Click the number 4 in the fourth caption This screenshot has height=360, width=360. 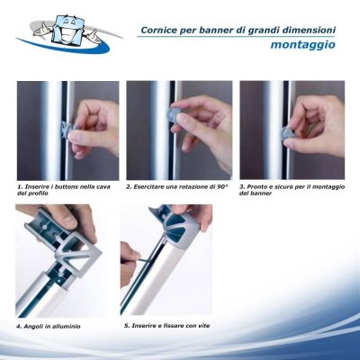[19, 325]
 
